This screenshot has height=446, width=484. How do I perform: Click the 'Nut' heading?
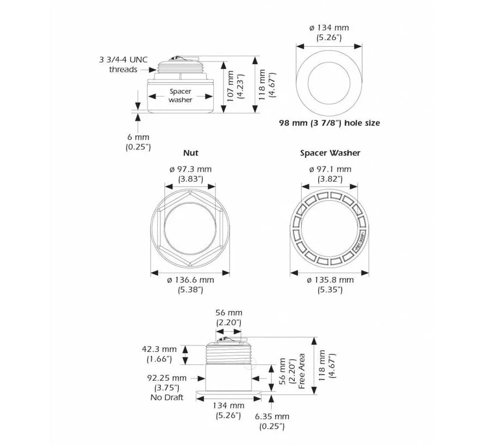[191, 153]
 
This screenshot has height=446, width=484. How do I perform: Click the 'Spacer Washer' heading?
[330, 153]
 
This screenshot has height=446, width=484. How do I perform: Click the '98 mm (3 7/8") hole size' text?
[329, 123]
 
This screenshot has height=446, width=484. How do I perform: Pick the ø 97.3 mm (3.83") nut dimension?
[191, 174]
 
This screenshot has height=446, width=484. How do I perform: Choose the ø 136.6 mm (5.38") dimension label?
[191, 284]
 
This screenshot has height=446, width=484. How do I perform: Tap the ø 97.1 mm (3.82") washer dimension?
[330, 174]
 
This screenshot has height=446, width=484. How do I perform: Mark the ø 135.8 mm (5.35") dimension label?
[330, 284]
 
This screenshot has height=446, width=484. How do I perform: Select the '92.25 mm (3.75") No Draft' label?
[166, 387]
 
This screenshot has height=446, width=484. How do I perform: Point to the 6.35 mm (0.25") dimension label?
[272, 422]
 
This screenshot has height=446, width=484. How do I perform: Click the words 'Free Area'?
[302, 371]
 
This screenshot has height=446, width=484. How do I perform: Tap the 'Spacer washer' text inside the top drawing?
[180, 96]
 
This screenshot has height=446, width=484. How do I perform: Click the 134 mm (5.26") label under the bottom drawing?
[228, 410]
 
